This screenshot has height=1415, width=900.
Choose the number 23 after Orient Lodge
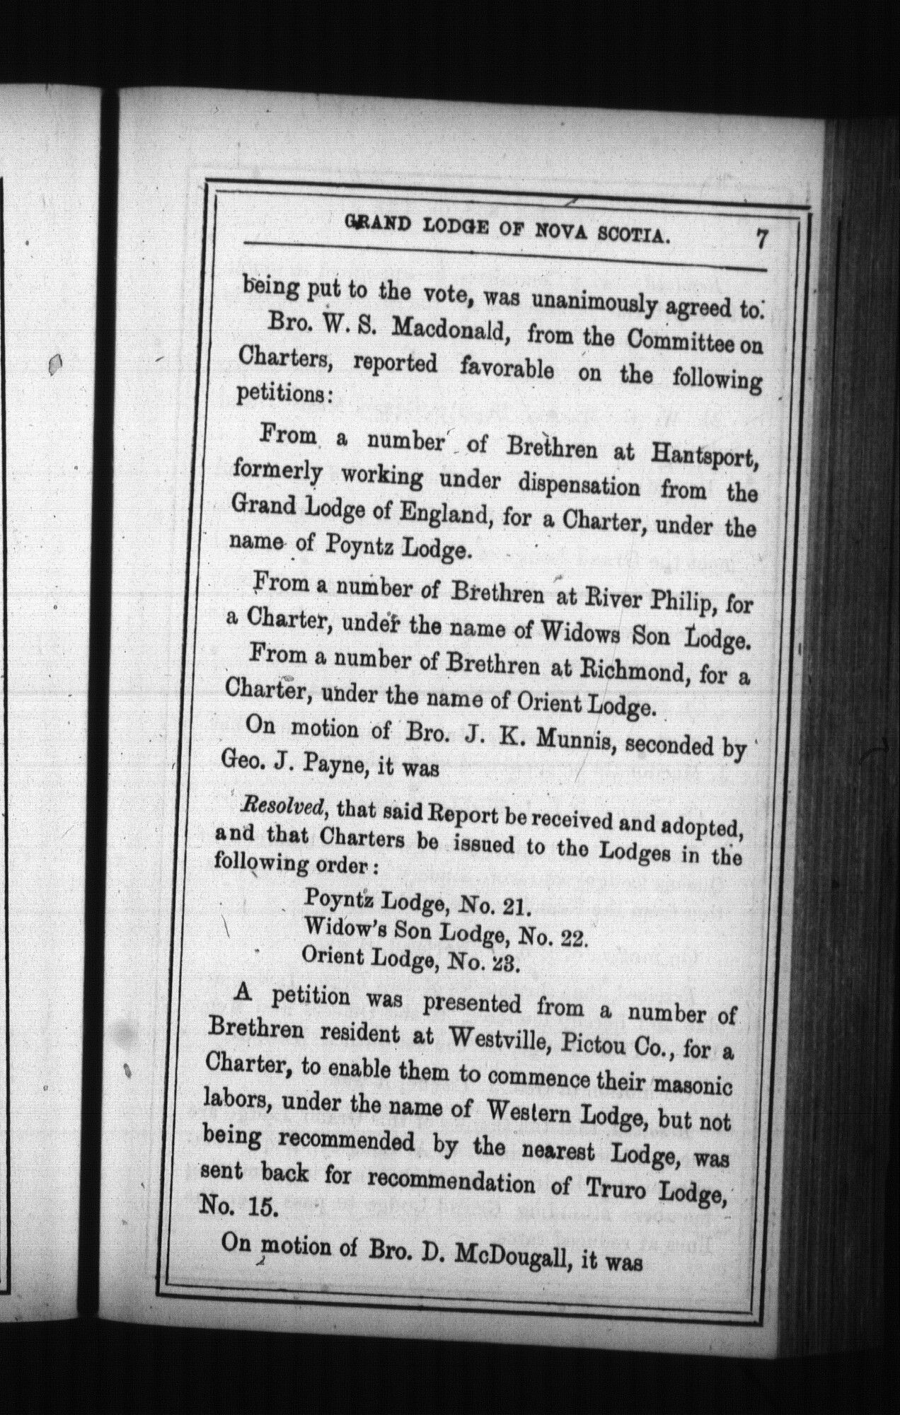[505, 964]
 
